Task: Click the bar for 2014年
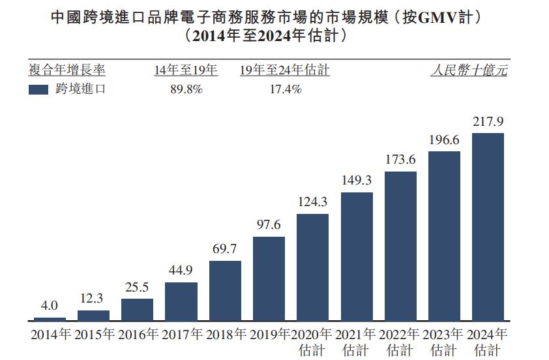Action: tap(50, 319)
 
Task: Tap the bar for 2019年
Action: tap(269, 278)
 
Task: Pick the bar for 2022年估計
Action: tap(400, 246)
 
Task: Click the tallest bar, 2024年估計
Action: tap(488, 227)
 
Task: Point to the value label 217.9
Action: tap(488, 122)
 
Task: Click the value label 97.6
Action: tap(269, 225)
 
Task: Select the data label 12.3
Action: tap(93, 299)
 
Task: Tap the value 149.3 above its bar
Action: tap(357, 180)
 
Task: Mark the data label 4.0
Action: tap(50, 305)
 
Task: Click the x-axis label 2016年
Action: tap(138, 335)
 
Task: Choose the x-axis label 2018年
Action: tap(226, 335)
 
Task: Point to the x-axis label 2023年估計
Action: tap(444, 342)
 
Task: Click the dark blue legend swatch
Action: tap(38, 90)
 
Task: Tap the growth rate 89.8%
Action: tap(186, 90)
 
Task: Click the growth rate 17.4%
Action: tap(285, 90)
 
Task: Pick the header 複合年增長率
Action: tap(67, 70)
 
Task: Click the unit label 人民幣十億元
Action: tap(469, 70)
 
